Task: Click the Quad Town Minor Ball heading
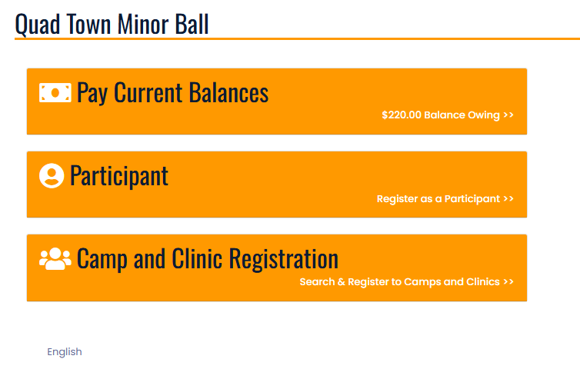(112, 25)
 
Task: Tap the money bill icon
(55, 93)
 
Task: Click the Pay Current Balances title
(173, 92)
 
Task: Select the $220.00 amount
(402, 115)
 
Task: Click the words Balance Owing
(462, 115)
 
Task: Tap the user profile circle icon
(52, 175)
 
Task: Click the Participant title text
(119, 176)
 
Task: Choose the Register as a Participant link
(438, 199)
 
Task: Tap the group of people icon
(55, 258)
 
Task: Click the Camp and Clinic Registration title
(208, 259)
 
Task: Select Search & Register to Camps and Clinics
(399, 282)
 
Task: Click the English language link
(65, 351)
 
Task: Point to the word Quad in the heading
(38, 25)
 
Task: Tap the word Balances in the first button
(229, 92)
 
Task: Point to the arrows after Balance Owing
(508, 115)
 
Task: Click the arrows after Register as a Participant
(508, 198)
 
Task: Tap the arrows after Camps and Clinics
(508, 282)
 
